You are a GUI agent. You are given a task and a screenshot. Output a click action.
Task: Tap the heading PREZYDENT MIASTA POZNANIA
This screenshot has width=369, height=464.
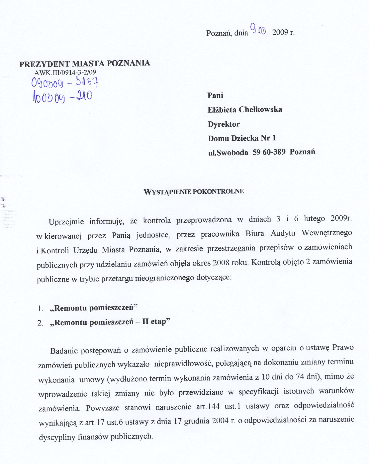pyautogui.click(x=85, y=63)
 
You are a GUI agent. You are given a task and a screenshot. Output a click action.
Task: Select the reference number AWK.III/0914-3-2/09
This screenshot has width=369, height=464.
pyautogui.click(x=65, y=73)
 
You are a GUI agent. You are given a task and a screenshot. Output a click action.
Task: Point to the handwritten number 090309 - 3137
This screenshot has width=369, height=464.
pyautogui.click(x=65, y=83)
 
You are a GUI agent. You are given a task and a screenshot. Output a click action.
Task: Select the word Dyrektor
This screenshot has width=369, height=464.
pyautogui.click(x=224, y=124)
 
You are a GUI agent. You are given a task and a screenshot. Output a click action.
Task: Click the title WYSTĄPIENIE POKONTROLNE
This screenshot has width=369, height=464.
pyautogui.click(x=194, y=192)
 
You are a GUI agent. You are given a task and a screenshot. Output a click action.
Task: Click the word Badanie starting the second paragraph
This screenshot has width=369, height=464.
pyautogui.click(x=64, y=351)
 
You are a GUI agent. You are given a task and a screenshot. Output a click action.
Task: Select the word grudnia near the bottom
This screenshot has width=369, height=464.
pyautogui.click(x=197, y=421)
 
